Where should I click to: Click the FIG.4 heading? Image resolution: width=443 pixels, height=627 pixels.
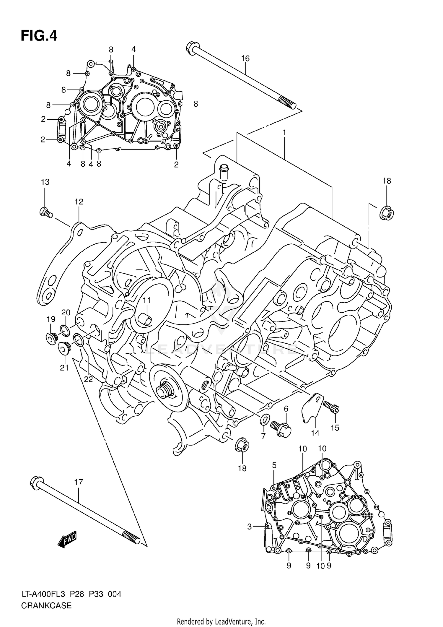[39, 36]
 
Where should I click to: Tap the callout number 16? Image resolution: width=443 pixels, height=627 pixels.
[245, 59]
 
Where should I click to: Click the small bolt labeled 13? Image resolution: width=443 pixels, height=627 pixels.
[45, 212]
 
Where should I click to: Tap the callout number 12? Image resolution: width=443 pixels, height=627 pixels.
[79, 202]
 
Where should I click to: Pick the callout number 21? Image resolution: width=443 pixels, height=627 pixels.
[64, 368]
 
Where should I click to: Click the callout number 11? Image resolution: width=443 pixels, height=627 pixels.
[147, 300]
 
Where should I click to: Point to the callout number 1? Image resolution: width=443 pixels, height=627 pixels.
[284, 133]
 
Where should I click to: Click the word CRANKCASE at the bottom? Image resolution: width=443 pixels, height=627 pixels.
[46, 605]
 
